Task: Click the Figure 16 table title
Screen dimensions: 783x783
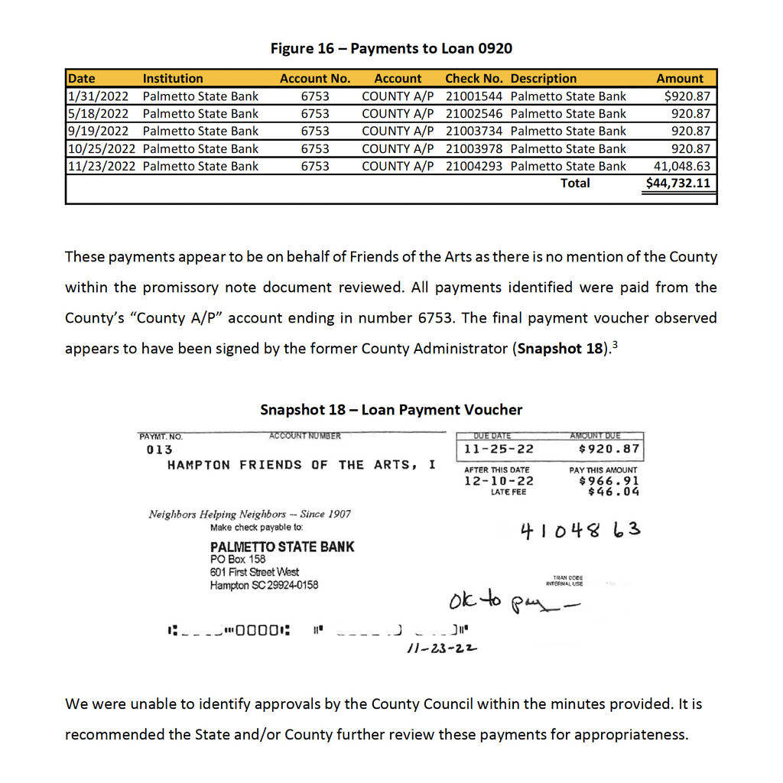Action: click(x=391, y=49)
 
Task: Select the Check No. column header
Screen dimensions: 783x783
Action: click(x=474, y=78)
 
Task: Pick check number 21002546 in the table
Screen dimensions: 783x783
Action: click(x=474, y=114)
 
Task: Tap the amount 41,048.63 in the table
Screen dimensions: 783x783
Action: click(x=682, y=166)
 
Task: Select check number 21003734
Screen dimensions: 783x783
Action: click(x=474, y=132)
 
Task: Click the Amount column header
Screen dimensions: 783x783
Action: click(x=680, y=78)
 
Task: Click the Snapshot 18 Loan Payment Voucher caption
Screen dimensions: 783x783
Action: click(x=391, y=410)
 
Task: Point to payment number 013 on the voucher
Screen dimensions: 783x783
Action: click(x=159, y=450)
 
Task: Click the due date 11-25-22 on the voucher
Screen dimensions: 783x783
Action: click(x=499, y=450)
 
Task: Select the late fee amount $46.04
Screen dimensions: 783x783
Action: click(x=614, y=492)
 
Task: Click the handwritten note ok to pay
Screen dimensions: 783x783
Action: click(x=515, y=603)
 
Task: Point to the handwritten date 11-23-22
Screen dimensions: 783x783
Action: click(x=442, y=648)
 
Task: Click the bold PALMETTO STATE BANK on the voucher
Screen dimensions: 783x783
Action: click(x=282, y=547)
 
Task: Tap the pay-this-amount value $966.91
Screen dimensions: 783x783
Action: click(x=609, y=481)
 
